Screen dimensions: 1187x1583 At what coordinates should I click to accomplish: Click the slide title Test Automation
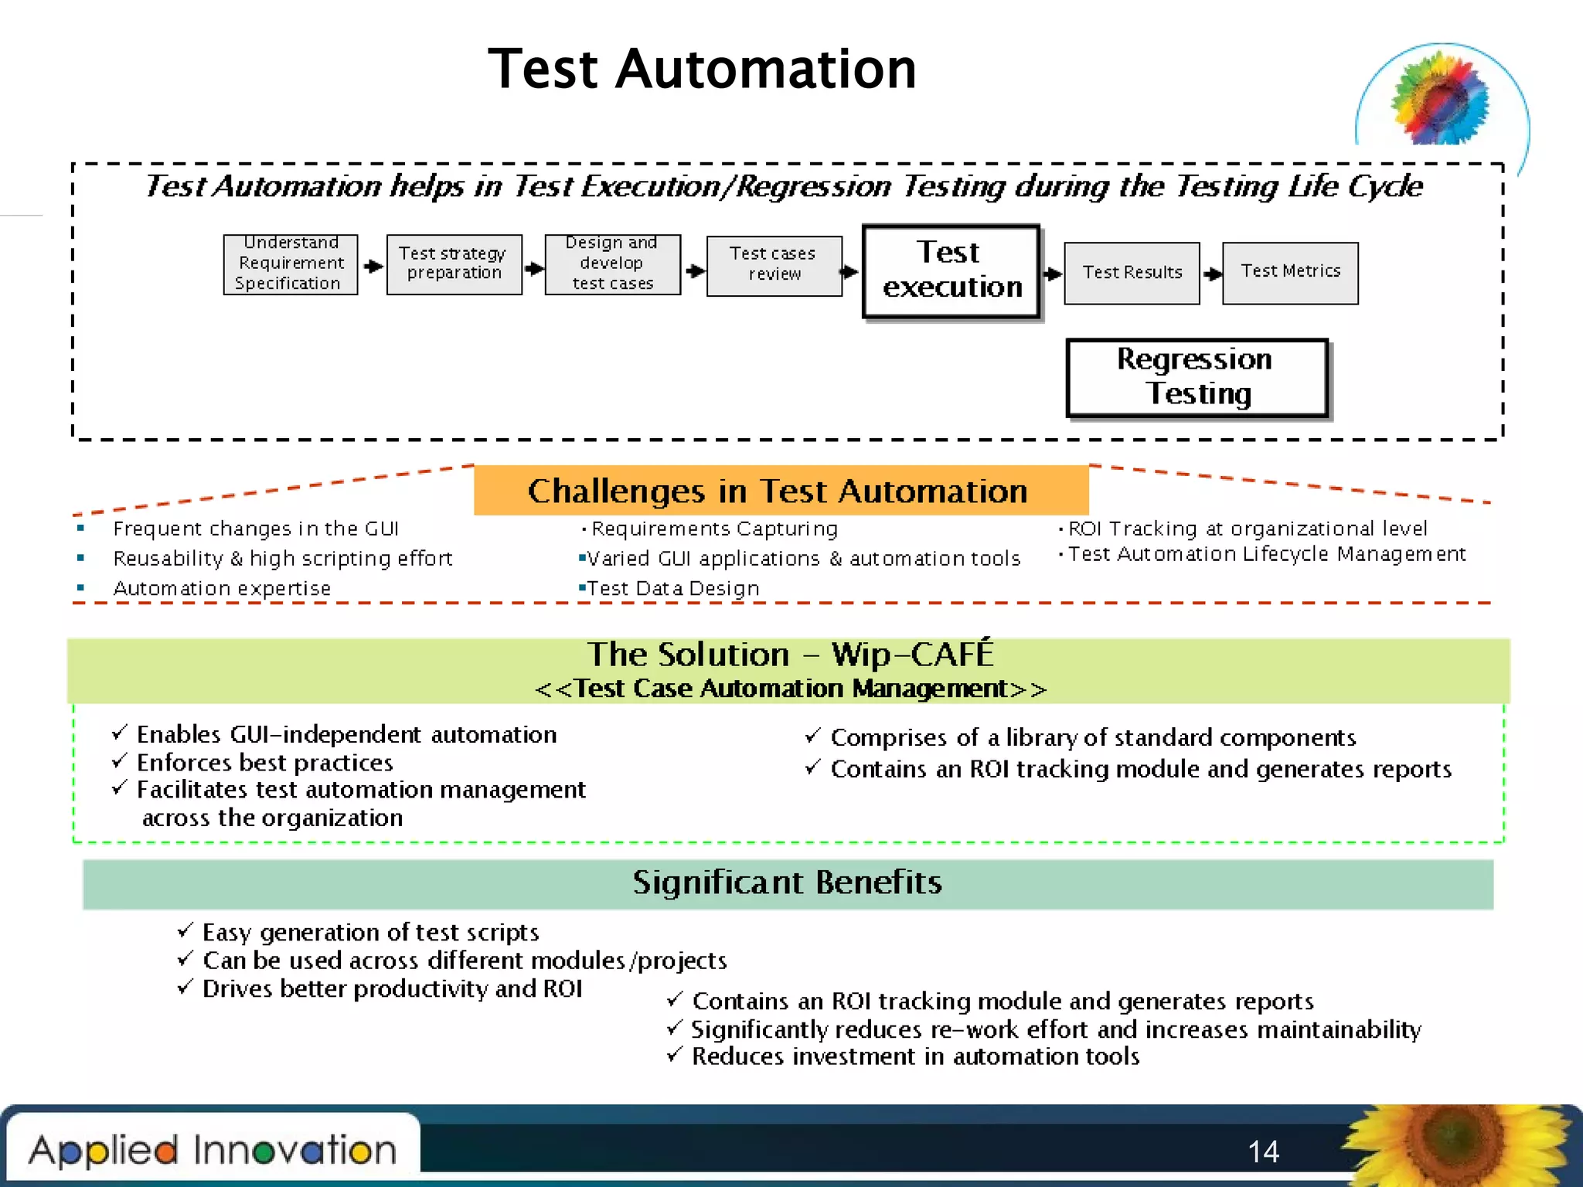(702, 70)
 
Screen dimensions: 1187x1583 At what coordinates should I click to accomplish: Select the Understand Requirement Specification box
(291, 264)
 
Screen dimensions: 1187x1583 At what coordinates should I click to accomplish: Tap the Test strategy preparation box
(454, 264)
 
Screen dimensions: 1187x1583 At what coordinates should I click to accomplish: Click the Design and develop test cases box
(612, 264)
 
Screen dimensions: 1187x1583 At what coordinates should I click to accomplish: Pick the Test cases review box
(774, 265)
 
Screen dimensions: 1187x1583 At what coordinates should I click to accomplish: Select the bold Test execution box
(951, 270)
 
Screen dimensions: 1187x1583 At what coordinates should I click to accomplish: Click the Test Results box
(1132, 273)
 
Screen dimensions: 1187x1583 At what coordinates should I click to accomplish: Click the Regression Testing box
(1197, 378)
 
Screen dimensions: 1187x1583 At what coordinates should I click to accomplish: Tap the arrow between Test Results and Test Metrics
(1212, 274)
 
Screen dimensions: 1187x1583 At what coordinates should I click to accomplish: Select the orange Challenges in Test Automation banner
(781, 491)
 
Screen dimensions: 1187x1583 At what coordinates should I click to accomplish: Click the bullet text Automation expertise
(222, 589)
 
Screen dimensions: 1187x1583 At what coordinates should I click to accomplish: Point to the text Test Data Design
(672, 589)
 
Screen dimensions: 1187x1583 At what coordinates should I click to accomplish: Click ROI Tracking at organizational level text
(1247, 529)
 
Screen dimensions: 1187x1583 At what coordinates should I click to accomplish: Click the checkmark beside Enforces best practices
(120, 761)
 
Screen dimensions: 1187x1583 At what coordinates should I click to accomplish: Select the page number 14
(1263, 1151)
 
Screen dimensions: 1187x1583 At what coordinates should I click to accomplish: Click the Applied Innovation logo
(213, 1150)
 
